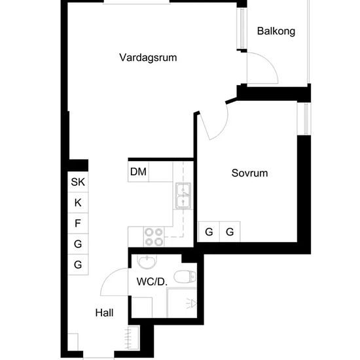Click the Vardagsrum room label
[x=148, y=58]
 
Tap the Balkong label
[x=276, y=31]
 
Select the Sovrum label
[x=249, y=173]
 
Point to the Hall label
[x=104, y=313]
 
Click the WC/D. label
[x=152, y=281]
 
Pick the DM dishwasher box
[x=139, y=171]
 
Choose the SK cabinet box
[x=78, y=182]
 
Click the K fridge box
[x=78, y=202]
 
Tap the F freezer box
[x=78, y=223]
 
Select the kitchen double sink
[x=183, y=196]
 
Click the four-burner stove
[x=154, y=237]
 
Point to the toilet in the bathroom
[x=185, y=276]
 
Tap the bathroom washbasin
[x=147, y=261]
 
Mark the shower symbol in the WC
[x=191, y=304]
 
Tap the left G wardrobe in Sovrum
[x=209, y=232]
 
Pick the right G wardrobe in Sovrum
[x=230, y=232]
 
